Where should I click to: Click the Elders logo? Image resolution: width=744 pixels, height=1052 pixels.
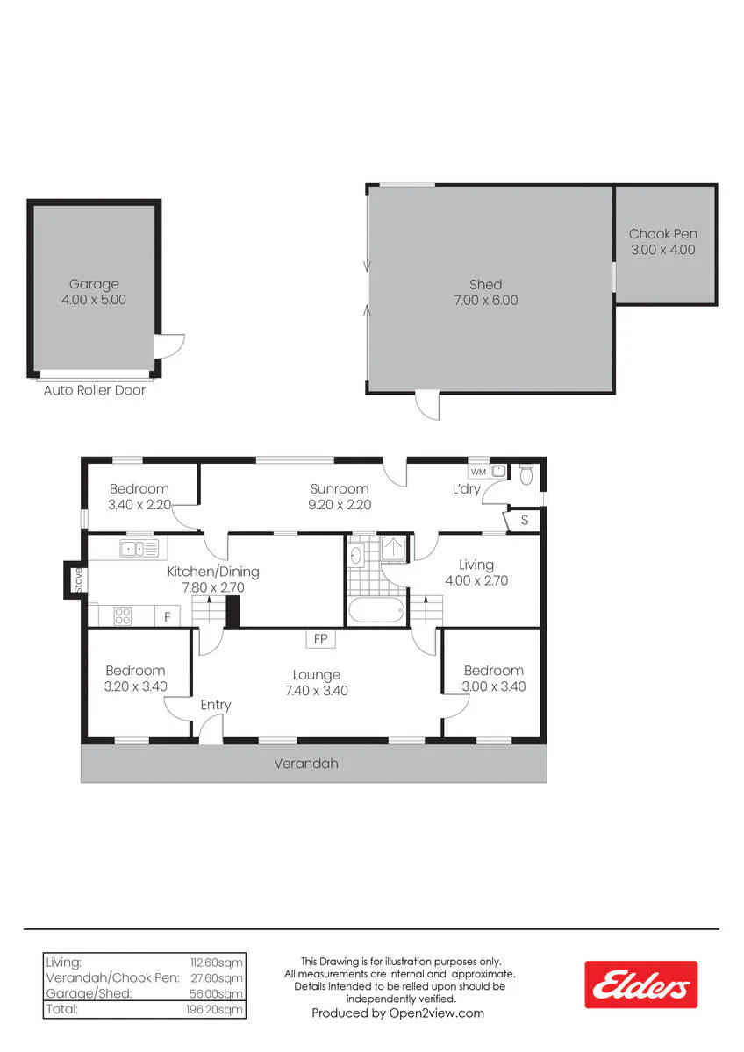click(640, 984)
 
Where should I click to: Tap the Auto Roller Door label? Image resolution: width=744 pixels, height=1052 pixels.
click(95, 390)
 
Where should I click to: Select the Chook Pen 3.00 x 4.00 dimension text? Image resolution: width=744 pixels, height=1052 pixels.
click(662, 250)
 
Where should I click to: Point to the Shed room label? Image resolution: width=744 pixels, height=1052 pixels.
click(485, 284)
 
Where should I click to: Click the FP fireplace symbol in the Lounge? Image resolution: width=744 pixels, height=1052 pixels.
click(320, 639)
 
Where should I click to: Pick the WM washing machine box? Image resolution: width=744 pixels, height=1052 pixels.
click(478, 472)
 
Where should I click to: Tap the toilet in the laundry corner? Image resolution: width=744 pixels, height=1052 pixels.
click(526, 474)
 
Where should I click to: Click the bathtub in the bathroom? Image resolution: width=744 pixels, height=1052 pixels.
click(376, 610)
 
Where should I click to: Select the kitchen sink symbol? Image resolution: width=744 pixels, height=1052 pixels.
click(139, 548)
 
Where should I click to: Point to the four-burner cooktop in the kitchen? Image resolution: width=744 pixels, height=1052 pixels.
click(123, 616)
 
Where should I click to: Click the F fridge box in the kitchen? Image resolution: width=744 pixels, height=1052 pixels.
click(168, 616)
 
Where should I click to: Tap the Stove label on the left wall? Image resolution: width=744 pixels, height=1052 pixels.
click(78, 580)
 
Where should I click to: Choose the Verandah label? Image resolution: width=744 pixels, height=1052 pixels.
click(306, 764)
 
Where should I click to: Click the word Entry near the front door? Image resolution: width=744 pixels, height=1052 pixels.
click(216, 705)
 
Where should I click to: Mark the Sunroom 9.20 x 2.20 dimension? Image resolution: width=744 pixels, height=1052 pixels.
click(340, 505)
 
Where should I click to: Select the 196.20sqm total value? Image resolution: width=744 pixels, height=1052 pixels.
click(214, 1009)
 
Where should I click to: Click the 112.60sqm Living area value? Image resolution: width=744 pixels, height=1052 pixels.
click(216, 963)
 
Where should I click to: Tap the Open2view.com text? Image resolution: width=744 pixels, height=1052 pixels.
click(437, 1013)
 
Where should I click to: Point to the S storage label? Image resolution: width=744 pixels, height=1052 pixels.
click(525, 520)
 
